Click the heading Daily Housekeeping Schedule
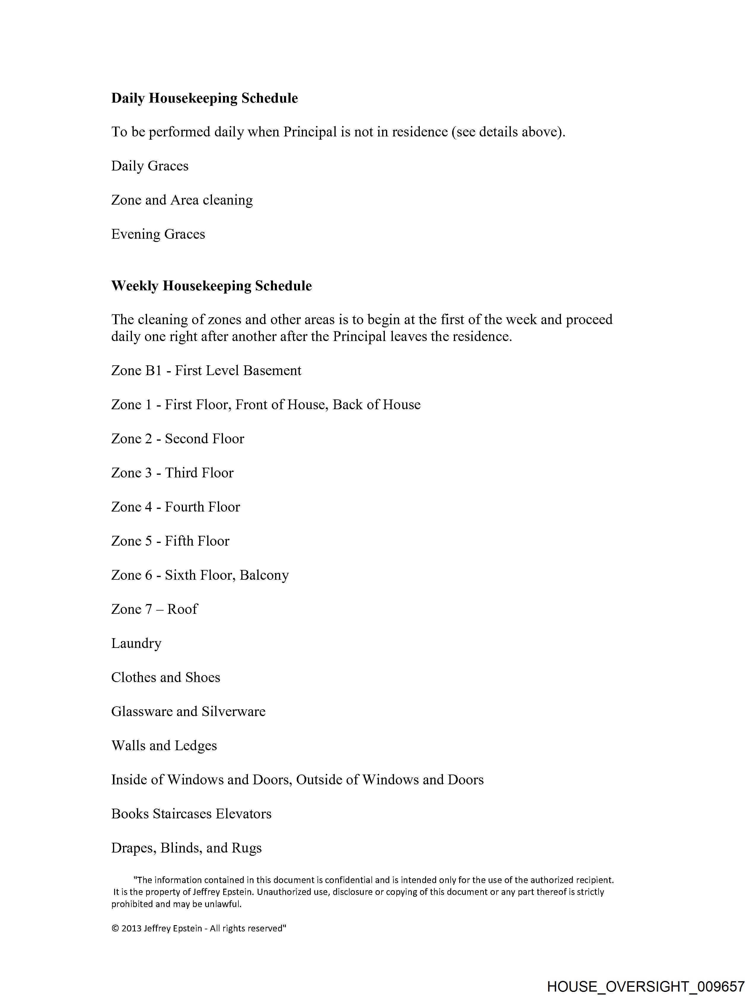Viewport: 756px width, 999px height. point(204,98)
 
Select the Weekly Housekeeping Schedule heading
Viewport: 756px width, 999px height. point(211,286)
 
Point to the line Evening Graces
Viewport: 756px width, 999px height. point(158,234)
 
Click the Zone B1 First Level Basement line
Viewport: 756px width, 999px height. point(206,371)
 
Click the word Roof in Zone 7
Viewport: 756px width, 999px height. point(182,610)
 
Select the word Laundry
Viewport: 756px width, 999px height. point(136,643)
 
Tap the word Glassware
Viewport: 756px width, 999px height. point(142,712)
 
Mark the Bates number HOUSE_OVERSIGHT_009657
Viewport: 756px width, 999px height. point(645,986)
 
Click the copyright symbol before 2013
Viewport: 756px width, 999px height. point(115,928)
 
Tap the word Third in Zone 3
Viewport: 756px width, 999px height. point(180,473)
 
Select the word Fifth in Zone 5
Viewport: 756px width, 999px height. point(178,541)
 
